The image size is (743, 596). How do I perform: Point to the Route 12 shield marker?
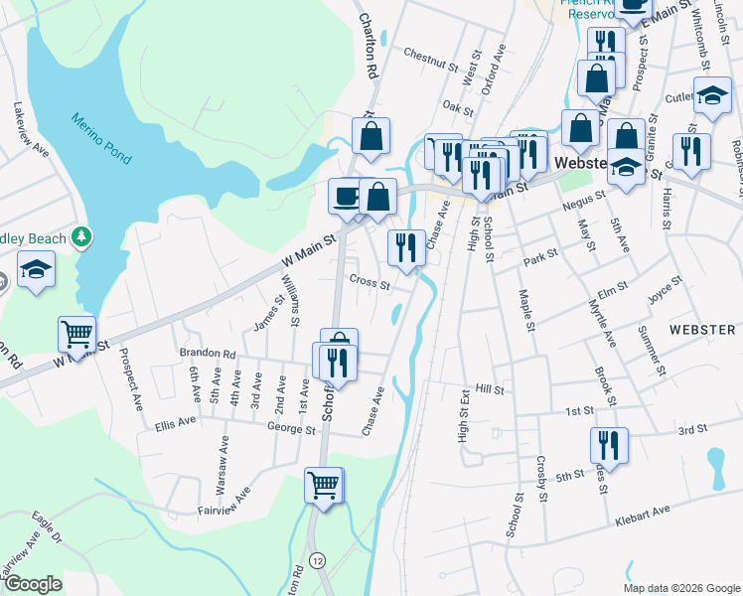[x=317, y=559]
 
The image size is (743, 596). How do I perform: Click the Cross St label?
[x=370, y=282]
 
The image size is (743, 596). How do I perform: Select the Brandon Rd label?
[x=207, y=353]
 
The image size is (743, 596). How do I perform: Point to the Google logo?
[x=33, y=583]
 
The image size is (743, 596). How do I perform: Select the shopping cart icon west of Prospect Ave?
[x=76, y=335]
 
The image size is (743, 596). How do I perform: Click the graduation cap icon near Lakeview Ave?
[x=36, y=269]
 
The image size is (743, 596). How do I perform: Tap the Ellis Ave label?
[x=176, y=426]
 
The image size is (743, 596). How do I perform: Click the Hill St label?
[x=491, y=390]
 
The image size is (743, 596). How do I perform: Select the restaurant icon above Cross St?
[x=405, y=246]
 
